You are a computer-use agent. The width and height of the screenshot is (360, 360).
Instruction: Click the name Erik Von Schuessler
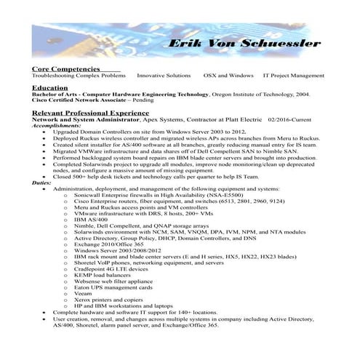coord(244,44)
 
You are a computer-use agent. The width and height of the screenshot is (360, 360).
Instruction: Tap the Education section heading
coord(49,87)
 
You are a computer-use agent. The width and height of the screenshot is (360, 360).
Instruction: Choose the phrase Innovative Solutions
coord(164,76)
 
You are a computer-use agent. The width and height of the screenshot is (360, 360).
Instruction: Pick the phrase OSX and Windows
coord(228,76)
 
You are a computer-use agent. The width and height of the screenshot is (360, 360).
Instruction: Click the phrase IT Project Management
coord(293,76)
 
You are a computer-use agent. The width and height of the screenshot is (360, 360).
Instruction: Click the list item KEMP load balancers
coord(105,274)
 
